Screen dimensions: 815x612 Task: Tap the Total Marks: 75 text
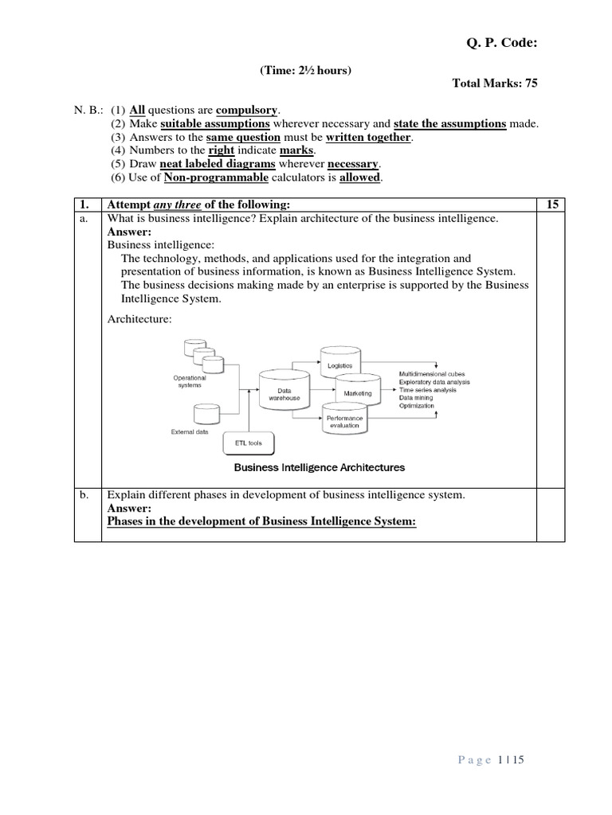tap(494, 84)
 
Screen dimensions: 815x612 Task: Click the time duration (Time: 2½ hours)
tap(305, 71)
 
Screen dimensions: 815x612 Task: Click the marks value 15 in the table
tap(551, 205)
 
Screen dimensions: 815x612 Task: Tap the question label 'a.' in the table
tap(84, 218)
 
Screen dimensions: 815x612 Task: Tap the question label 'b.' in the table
tap(84, 495)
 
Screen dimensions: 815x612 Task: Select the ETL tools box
tap(261, 443)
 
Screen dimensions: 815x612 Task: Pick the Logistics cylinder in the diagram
tap(340, 363)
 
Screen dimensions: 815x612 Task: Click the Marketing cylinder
tap(358, 393)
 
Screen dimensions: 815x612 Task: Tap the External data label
tap(190, 432)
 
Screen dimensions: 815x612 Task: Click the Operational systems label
tap(190, 381)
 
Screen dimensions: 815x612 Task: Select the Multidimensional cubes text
tap(432, 373)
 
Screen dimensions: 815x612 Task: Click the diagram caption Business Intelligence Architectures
tap(319, 467)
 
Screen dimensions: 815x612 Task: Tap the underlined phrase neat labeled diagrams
tap(218, 163)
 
